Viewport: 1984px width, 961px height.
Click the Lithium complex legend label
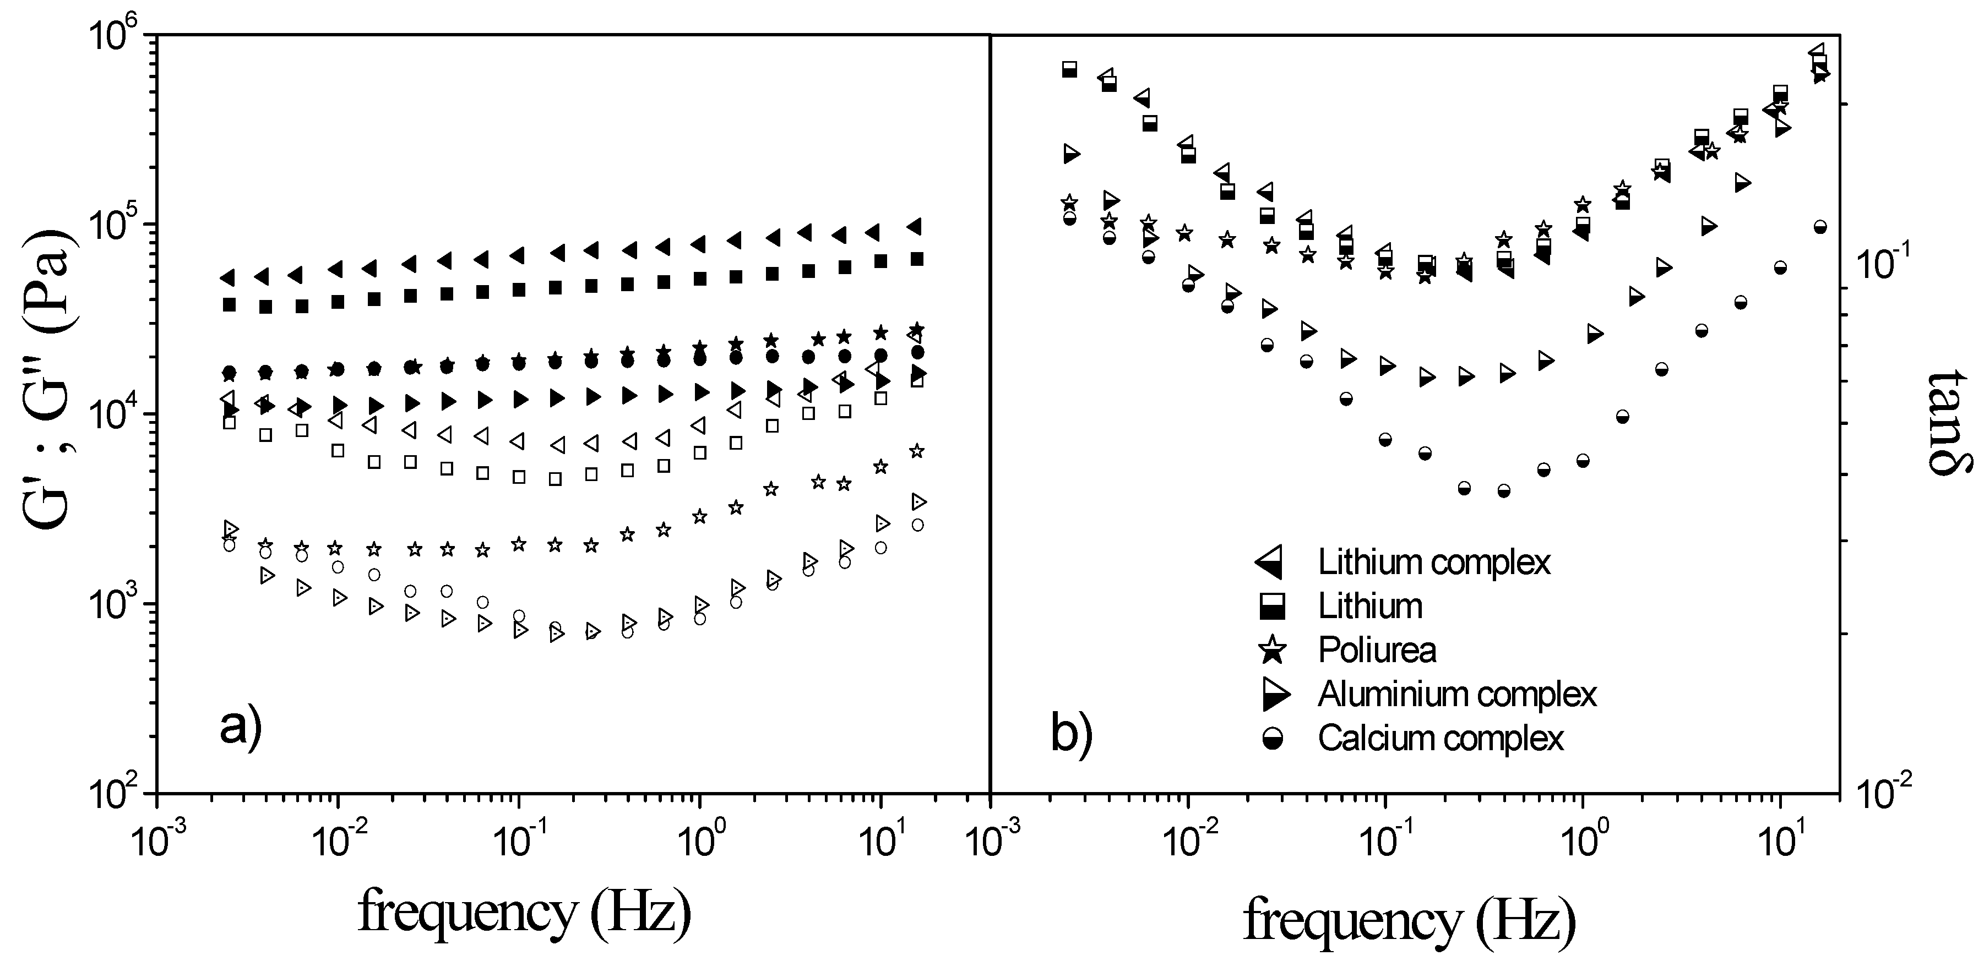(x=1433, y=563)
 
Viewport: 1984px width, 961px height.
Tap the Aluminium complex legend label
(x=1457, y=695)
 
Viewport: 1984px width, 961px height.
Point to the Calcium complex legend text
(x=1441, y=739)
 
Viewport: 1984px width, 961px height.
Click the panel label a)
(x=241, y=726)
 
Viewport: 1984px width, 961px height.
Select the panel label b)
(x=1072, y=735)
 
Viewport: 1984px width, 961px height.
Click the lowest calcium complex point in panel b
(x=1503, y=490)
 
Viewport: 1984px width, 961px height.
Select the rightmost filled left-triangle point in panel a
(x=914, y=226)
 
